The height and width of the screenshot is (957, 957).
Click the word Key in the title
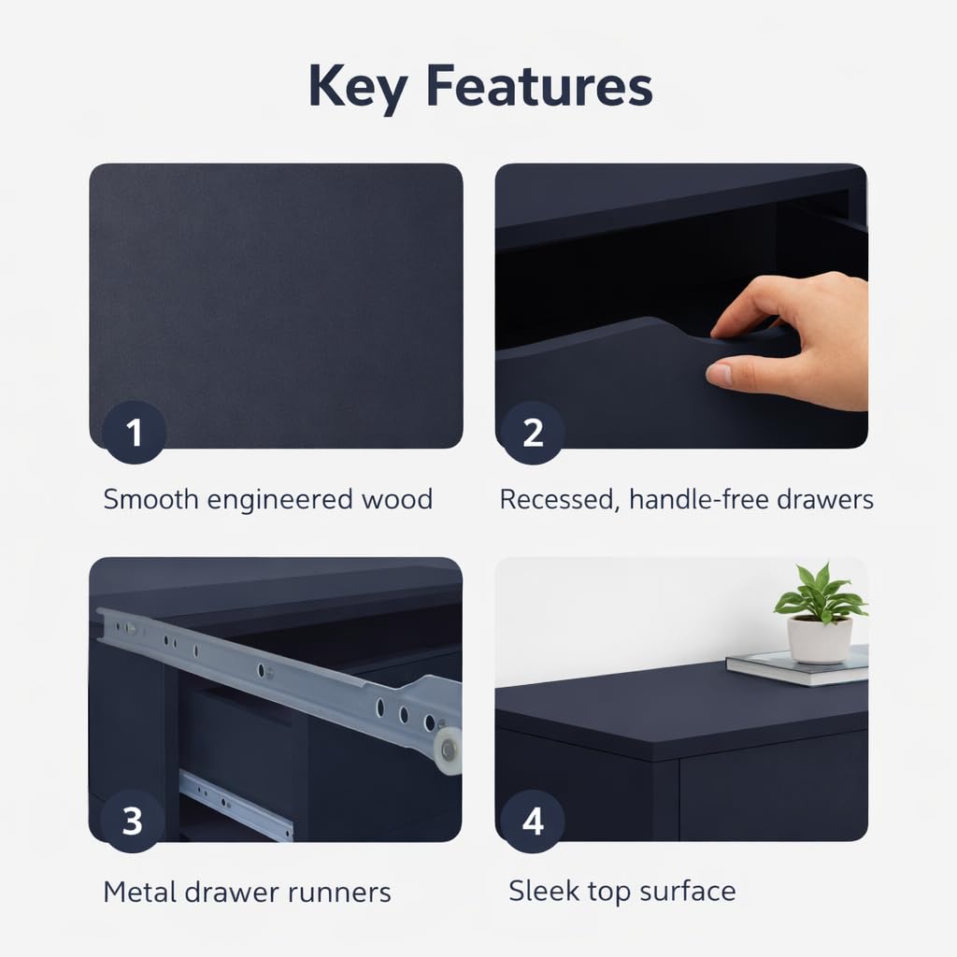(x=358, y=87)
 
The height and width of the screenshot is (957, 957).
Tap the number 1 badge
(x=135, y=432)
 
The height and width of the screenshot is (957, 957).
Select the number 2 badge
(x=532, y=432)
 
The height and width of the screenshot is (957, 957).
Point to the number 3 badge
(x=133, y=821)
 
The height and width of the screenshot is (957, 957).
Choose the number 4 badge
(x=532, y=821)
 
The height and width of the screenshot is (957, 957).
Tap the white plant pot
(x=819, y=639)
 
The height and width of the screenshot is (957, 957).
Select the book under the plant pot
(x=797, y=667)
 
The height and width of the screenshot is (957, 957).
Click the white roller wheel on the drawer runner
(x=449, y=750)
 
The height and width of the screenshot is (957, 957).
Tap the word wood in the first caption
(x=397, y=499)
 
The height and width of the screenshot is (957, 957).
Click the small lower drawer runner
(x=236, y=805)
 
